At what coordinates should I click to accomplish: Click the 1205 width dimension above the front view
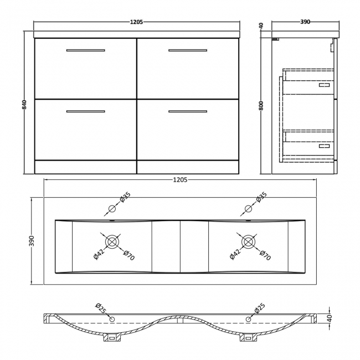coord(137,22)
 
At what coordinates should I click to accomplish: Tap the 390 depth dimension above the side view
coord(305,22)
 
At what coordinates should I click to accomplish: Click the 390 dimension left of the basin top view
coord(33,241)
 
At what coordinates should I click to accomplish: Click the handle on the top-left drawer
coord(85,51)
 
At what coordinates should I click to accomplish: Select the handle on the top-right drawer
coord(188,51)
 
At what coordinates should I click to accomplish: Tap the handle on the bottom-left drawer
coord(85,112)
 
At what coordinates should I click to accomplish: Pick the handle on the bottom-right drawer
coord(188,112)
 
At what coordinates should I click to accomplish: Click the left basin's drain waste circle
coord(113,241)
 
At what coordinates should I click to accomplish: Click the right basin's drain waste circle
coord(249,241)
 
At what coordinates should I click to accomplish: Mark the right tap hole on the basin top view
coord(248,209)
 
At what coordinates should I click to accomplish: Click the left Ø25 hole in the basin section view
coord(112,319)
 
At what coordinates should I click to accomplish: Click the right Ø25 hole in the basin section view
coord(248,319)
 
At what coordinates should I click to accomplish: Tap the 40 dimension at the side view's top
coord(261,26)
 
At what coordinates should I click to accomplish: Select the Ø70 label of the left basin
coord(128,256)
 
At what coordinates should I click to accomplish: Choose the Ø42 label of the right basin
coord(234,255)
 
